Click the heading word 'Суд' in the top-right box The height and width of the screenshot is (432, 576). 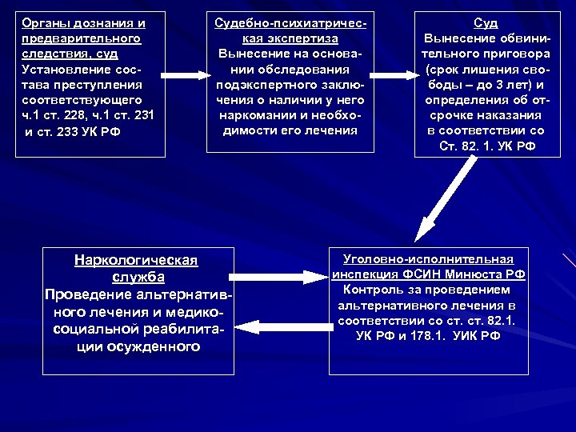point(486,23)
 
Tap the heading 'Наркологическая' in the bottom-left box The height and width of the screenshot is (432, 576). point(135,260)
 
